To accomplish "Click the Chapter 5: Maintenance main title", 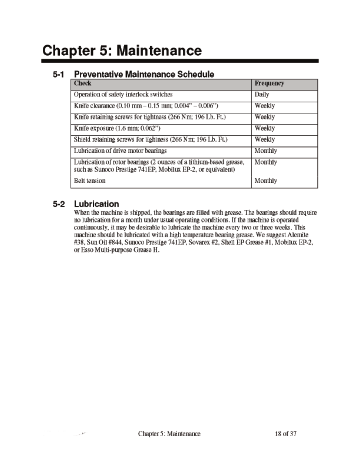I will (122, 50).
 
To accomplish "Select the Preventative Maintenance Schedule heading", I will (144, 74).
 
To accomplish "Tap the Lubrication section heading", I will (96, 204).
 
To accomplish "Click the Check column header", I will (83, 83).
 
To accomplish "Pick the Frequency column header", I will (269, 83).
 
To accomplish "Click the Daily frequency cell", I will (262, 94).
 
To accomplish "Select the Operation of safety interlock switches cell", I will (123, 94).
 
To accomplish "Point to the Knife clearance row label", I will (146, 106).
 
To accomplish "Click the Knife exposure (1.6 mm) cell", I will (117, 128).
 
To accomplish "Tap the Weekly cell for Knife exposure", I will (265, 128).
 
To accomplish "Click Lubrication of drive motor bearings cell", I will (120, 151).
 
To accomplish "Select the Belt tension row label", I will (90, 181).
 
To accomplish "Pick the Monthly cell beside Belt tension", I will (266, 181).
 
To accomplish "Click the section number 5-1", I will (59, 74).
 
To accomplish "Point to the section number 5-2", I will (59, 204).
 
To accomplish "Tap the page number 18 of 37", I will (285, 434).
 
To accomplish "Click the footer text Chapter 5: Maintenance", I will (169, 434).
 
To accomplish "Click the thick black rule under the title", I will (180, 61).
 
